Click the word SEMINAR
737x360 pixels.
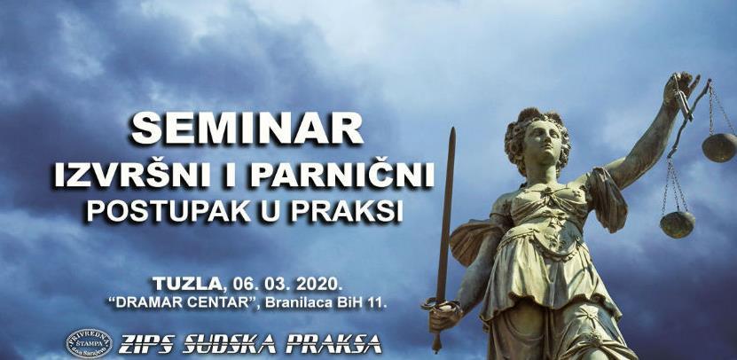pyautogui.click(x=247, y=131)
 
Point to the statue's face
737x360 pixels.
pyautogui.click(x=544, y=139)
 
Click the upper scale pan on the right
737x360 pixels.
pyautogui.click(x=718, y=146)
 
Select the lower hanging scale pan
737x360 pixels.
pyautogui.click(x=677, y=223)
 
